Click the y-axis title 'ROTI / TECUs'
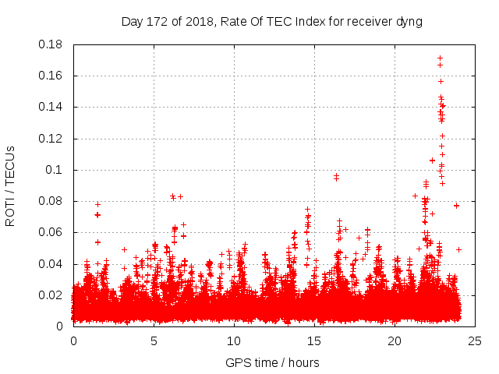10,185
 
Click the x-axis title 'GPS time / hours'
272,362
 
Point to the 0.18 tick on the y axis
52,44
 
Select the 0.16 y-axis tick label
52,76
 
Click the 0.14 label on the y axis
52,107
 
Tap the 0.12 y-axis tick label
52,139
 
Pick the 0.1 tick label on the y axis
56,170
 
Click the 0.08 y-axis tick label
52,201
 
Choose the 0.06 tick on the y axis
52,232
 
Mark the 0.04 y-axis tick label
52,263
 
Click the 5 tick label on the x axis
154,341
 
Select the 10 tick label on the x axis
234,341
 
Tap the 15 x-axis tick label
314,341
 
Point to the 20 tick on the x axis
395,341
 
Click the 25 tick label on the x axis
475,341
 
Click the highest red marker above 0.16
440,58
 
